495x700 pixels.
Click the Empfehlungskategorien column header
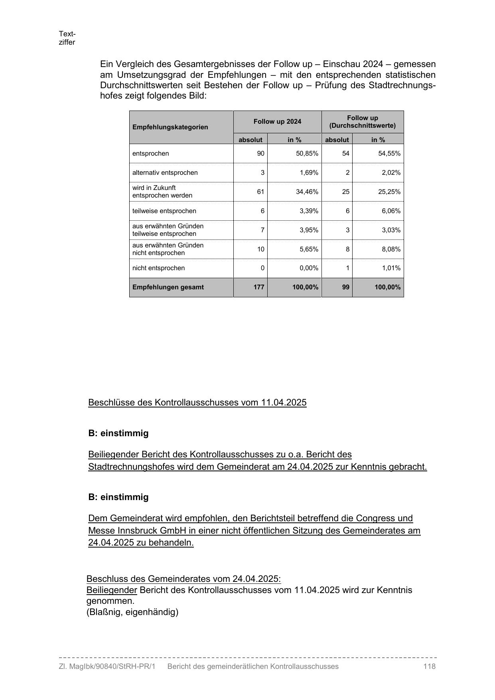[x=170, y=127]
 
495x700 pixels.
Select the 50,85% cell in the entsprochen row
[x=307, y=154]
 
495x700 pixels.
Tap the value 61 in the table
[x=260, y=192]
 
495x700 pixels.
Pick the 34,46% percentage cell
[x=307, y=192]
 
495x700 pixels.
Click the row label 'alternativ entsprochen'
[x=165, y=173]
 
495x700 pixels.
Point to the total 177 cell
[x=259, y=287]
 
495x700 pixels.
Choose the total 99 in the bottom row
[x=345, y=287]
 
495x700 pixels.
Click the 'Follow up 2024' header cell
[x=277, y=122]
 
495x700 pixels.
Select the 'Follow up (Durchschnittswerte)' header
[x=362, y=122]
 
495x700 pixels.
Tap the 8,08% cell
[x=391, y=249]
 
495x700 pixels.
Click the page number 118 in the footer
[x=430, y=666]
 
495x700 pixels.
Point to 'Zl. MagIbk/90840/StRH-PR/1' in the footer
[x=107, y=666]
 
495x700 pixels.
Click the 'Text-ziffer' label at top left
[x=67, y=38]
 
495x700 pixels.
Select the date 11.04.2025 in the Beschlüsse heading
[x=284, y=402]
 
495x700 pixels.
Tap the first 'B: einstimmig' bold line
[x=118, y=433]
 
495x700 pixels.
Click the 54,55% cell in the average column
[x=389, y=154]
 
